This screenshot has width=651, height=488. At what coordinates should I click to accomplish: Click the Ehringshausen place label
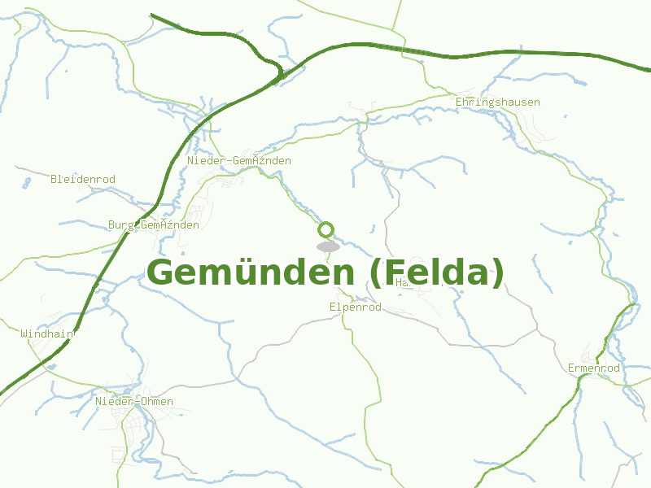497,102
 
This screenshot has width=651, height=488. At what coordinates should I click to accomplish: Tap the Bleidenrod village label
83,179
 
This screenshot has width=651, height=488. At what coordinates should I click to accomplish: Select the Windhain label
47,333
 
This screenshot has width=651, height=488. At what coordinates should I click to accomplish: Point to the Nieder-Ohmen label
134,402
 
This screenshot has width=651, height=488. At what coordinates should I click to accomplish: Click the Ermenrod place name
594,368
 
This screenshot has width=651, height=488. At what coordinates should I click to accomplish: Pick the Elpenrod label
356,307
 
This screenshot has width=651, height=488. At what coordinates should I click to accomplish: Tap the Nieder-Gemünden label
239,161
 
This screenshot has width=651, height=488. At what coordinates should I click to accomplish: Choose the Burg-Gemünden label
154,225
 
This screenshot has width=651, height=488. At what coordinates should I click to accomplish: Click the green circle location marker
326,229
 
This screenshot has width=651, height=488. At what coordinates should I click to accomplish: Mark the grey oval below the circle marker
328,246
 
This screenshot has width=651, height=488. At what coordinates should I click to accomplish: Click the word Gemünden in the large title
252,272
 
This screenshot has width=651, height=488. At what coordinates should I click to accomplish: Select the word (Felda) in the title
437,272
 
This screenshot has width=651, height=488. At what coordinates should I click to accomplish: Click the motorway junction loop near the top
279,75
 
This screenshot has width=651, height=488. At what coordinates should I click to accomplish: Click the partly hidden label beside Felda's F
402,283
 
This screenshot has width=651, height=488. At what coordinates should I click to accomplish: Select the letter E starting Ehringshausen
459,102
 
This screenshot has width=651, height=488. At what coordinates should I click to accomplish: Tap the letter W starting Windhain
24,333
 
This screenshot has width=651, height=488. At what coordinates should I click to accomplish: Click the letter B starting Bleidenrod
54,179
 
